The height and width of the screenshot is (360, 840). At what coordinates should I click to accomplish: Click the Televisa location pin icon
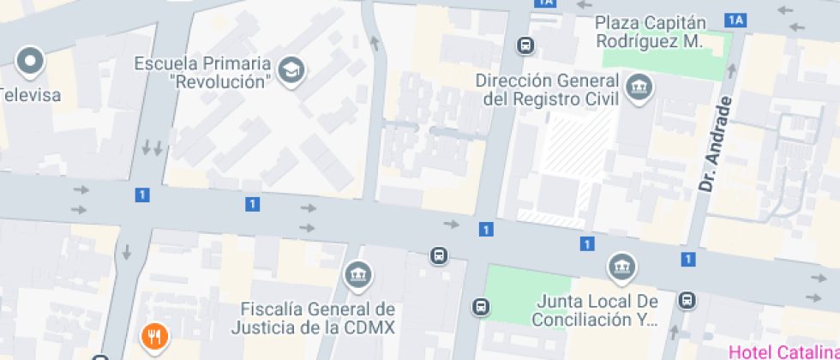31,62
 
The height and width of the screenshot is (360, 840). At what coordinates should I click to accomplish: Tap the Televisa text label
32,95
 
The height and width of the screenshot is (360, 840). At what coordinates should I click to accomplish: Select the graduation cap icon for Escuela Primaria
293,72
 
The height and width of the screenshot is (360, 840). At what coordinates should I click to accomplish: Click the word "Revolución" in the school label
221,82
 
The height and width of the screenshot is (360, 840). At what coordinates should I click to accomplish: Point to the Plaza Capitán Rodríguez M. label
650,32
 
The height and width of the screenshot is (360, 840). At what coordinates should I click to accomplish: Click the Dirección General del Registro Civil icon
639,87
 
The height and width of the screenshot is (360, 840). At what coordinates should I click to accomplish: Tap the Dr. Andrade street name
718,143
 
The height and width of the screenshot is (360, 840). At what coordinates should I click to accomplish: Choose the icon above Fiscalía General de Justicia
357,275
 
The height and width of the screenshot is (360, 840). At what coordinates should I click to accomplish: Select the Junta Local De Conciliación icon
622,268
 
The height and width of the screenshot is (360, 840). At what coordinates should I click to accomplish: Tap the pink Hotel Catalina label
783,351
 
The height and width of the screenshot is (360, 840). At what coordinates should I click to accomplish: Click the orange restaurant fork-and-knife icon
154,337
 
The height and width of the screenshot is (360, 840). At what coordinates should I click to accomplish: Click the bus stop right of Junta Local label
687,300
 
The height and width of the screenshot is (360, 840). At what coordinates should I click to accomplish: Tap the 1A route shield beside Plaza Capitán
735,19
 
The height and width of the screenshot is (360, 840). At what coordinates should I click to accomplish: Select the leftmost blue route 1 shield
141,195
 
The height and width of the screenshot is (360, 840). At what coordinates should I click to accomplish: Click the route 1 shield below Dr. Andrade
687,258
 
